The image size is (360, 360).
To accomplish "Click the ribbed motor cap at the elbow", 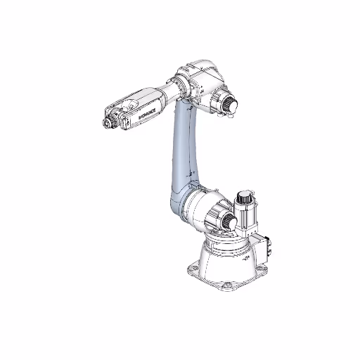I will (229, 105).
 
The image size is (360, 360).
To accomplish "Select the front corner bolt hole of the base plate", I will (228, 286).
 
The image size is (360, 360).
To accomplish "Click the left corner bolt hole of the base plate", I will (192, 266).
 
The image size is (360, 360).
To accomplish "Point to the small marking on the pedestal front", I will (243, 262).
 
